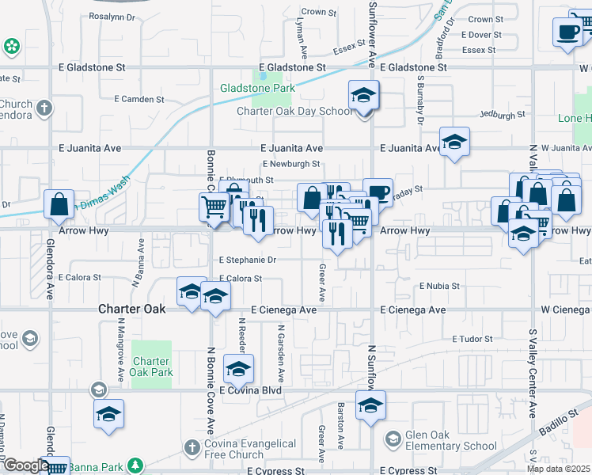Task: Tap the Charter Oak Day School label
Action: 295,111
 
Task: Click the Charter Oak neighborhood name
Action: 131,309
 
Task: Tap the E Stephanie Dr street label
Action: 248,260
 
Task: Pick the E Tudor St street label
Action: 472,339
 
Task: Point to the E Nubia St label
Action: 439,286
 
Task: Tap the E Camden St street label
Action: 139,100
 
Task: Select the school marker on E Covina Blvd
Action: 239,370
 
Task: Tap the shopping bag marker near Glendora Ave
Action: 59,205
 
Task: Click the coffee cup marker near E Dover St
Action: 567,32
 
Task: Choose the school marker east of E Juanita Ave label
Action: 455,142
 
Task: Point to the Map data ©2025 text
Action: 557,469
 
